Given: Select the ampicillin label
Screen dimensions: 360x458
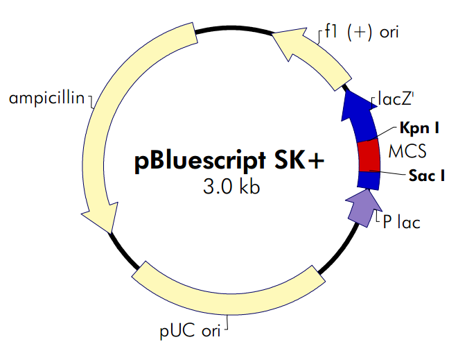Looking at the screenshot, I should click(46, 98).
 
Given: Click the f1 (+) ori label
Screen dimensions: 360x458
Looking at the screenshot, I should click(361, 32).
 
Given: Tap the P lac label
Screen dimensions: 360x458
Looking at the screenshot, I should click(402, 223).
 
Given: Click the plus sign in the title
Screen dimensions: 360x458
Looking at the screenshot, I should click(314, 161).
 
